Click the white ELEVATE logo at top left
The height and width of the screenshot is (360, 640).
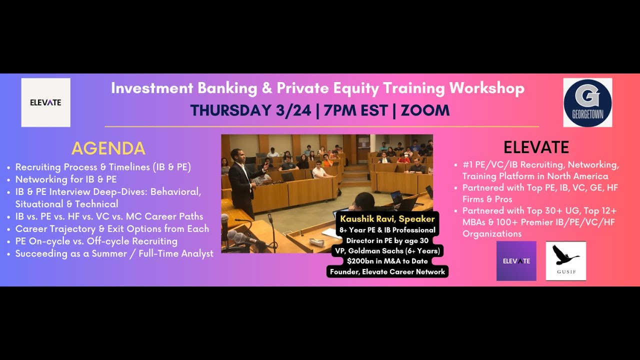coord(45,102)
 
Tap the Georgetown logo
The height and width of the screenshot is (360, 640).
coord(587,102)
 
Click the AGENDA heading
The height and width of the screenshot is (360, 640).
coord(108,148)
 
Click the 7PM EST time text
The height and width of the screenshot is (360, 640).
coord(355,110)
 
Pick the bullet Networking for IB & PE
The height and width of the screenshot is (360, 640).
coord(66,179)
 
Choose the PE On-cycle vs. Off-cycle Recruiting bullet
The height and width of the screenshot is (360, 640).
coord(96,241)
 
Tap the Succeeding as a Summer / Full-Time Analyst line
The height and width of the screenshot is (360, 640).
coord(114,253)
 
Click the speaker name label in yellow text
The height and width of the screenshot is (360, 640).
coord(387,219)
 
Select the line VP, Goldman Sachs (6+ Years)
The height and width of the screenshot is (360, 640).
coord(387,251)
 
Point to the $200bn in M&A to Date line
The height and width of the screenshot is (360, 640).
coord(387,261)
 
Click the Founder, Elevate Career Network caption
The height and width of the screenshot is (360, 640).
coord(387,272)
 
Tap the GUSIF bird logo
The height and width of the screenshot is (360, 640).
coord(565,261)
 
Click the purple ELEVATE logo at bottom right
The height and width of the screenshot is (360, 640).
coord(516,261)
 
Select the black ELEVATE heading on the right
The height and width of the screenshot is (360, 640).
coord(536,147)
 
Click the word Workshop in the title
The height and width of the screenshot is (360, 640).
coord(486,88)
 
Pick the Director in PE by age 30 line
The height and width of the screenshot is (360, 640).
coord(387,240)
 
